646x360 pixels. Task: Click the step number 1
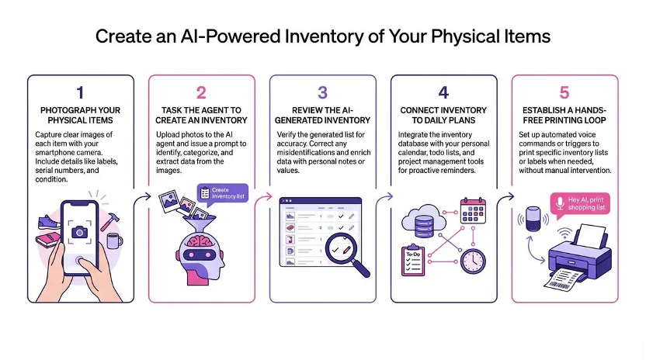[80, 93]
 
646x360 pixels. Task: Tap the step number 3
[322, 93]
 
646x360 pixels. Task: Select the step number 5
[564, 93]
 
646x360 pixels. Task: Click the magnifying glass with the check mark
[343, 254]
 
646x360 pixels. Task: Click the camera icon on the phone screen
[79, 231]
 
